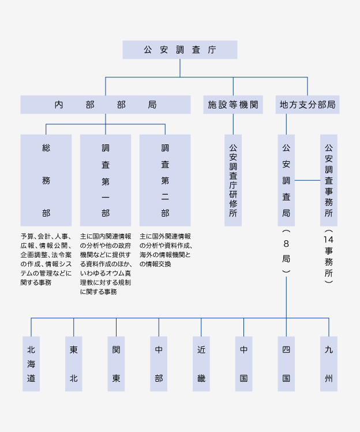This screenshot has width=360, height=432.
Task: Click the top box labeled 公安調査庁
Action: [180, 50]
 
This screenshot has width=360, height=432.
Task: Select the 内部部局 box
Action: [106, 105]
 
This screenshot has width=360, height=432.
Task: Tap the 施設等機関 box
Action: [233, 105]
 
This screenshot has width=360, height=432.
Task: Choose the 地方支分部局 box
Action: [307, 105]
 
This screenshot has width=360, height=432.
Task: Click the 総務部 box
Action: [46, 180]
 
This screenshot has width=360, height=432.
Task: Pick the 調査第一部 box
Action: [106, 180]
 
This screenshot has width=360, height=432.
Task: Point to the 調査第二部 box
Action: [165, 180]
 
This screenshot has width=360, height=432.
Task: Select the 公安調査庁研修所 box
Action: [233, 180]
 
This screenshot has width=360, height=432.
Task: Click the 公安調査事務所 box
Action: [329, 180]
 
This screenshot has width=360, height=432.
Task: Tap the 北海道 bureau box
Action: [31, 364]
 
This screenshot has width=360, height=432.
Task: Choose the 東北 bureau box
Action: [73, 364]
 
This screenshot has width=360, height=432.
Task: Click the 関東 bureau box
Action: [116, 364]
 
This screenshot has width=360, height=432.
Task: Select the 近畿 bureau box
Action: [201, 364]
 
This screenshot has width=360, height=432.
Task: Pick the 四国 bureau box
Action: [286, 364]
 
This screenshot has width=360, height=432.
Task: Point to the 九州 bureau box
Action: [329, 364]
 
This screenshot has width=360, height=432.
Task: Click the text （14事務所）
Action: [329, 256]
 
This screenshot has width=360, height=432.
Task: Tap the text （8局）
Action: [286, 251]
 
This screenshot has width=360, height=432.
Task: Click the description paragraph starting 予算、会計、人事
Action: [46, 259]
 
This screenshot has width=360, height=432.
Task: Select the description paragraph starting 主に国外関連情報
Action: [166, 250]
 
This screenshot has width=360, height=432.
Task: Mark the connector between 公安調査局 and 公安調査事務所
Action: [307, 180]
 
